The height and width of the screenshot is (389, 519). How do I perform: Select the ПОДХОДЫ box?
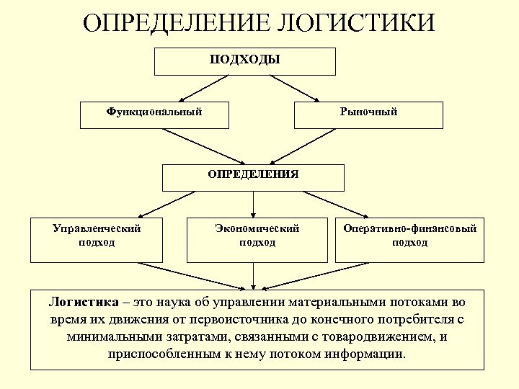245,61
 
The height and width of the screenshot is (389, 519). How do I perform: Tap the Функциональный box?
154,115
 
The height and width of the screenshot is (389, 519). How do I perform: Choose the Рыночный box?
368,115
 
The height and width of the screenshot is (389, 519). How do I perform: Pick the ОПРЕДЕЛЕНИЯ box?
253,177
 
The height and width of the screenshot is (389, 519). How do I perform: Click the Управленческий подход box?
97,239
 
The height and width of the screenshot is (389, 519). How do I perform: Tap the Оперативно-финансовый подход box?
409,239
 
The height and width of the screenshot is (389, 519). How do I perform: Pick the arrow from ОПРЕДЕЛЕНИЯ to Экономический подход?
254,204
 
